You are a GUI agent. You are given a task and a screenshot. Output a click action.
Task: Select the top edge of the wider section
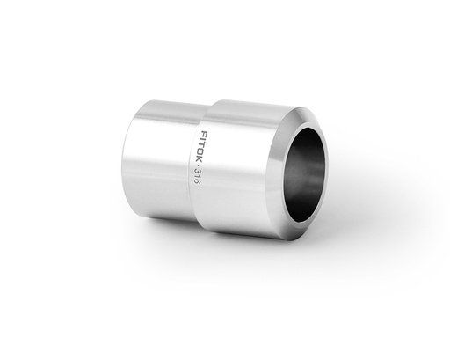[x=246, y=103]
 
